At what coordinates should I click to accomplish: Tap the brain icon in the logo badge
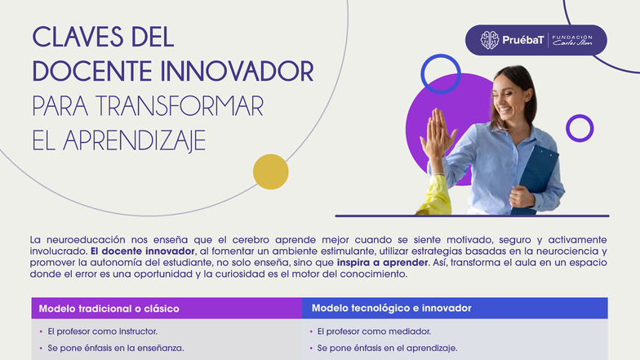click(x=489, y=40)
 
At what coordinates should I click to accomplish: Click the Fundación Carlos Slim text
click(x=573, y=40)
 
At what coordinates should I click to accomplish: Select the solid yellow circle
click(x=270, y=171)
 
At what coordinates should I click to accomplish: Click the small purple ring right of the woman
click(x=580, y=128)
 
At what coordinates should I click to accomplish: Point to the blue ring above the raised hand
click(x=441, y=73)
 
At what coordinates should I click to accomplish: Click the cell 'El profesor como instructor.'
click(x=102, y=331)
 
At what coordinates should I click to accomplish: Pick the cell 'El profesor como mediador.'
click(x=374, y=331)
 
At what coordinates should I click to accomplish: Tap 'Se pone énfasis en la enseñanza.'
click(x=116, y=349)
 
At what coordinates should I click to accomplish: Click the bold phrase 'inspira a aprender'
click(x=382, y=263)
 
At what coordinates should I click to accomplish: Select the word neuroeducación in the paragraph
click(x=86, y=239)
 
